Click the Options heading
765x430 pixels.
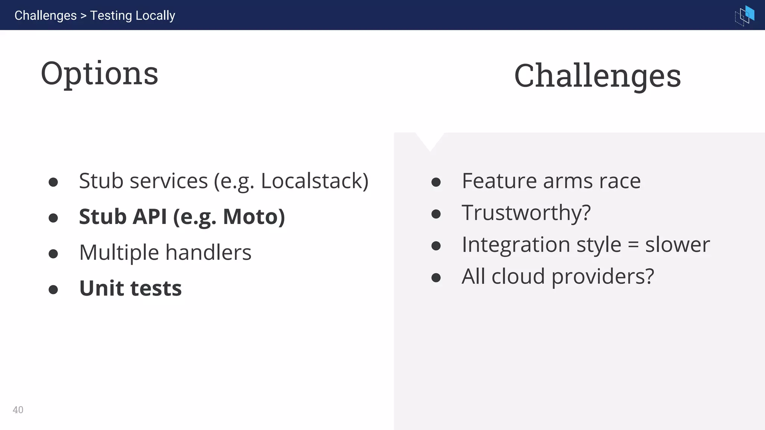click(x=99, y=74)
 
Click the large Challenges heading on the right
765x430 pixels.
click(x=597, y=76)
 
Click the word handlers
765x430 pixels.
click(x=208, y=253)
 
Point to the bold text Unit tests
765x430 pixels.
click(x=130, y=289)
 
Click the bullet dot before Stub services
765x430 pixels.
click(x=53, y=182)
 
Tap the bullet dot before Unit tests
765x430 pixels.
click(x=53, y=290)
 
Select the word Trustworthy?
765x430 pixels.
click(x=526, y=213)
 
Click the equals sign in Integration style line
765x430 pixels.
click(x=633, y=245)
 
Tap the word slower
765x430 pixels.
click(x=677, y=245)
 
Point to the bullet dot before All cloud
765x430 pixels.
click(x=436, y=278)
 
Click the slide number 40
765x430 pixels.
click(x=18, y=410)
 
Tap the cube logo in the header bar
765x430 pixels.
click(x=744, y=15)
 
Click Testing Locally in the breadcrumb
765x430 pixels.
click(x=133, y=16)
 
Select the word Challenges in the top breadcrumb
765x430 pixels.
click(x=46, y=16)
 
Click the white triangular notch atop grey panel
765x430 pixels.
click(x=430, y=140)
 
